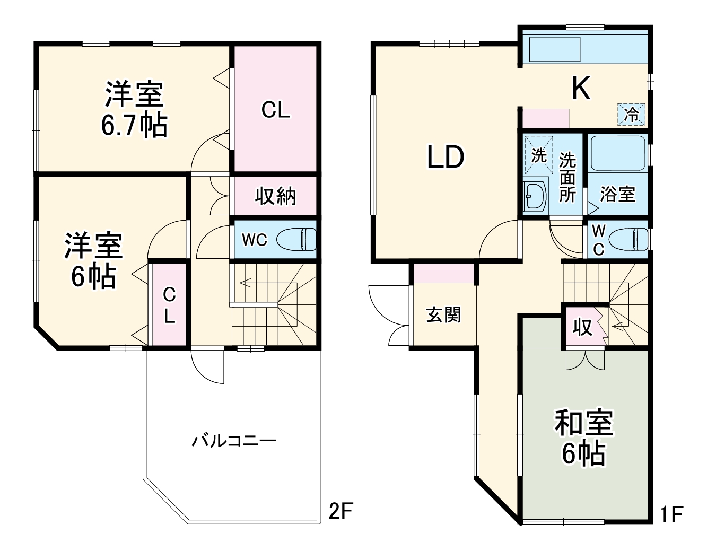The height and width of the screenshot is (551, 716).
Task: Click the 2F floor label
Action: tap(340, 512)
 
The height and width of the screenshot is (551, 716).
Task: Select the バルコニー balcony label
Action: tap(234, 441)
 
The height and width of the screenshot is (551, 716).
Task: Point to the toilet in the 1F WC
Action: tap(628, 239)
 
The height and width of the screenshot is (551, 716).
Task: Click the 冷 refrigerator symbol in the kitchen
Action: tap(631, 114)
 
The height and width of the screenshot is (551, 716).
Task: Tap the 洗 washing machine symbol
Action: tap(538, 155)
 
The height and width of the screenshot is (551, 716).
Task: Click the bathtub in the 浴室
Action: tap(617, 153)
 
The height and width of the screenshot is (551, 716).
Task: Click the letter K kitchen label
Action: tap(581, 89)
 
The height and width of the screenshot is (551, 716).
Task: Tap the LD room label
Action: tap(446, 157)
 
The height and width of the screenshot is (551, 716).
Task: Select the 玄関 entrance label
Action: tap(444, 315)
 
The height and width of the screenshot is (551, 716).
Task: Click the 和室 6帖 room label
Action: tap(583, 438)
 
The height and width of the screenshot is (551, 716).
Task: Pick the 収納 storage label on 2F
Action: tap(275, 196)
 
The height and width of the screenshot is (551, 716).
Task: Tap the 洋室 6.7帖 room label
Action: tap(134, 109)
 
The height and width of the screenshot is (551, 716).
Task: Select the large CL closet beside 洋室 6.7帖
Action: tap(276, 110)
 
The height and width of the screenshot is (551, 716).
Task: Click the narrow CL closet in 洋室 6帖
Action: tap(169, 305)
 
